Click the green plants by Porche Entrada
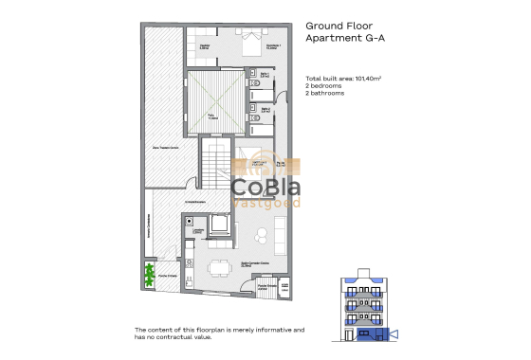[149, 276]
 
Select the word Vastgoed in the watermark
[266, 203]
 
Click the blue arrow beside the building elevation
[394, 332]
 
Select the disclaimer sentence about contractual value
[219, 333]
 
